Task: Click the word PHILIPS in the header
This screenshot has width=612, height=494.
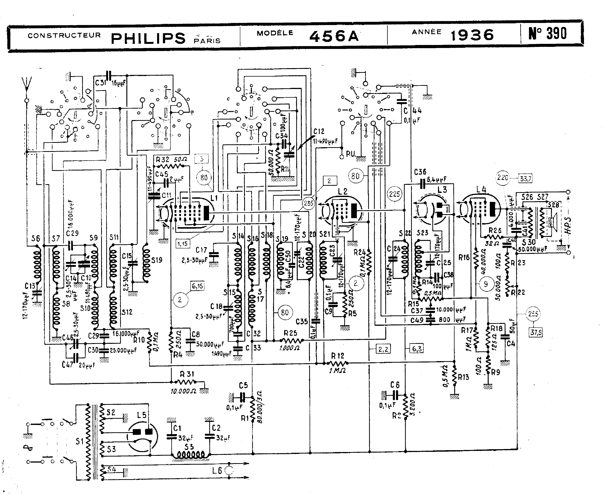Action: pyautogui.click(x=148, y=38)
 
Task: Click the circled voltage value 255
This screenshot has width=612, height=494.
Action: pyautogui.click(x=533, y=314)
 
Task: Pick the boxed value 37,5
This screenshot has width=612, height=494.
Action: pyautogui.click(x=536, y=332)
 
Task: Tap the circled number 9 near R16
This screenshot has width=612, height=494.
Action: pyautogui.click(x=486, y=284)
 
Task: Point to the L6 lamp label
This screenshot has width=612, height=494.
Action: pyautogui.click(x=217, y=470)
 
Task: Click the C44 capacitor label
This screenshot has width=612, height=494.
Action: pyautogui.click(x=413, y=110)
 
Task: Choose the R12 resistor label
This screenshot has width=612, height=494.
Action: pyautogui.click(x=337, y=356)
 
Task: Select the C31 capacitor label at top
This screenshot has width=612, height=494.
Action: pyautogui.click(x=101, y=83)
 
